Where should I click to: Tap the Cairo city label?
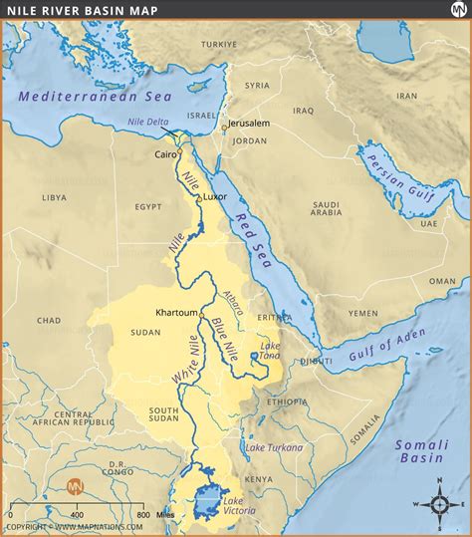click(165, 154)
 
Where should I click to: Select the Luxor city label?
click(215, 196)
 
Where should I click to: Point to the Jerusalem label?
click(249, 123)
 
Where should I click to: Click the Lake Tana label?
click(269, 349)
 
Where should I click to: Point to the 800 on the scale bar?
click(142, 515)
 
